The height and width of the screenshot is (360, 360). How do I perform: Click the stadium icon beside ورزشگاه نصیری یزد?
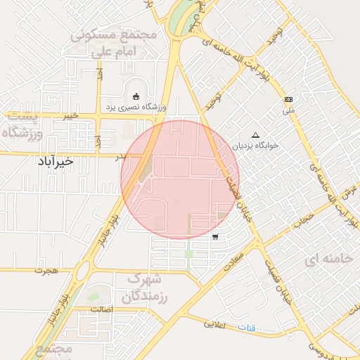pos(136,97)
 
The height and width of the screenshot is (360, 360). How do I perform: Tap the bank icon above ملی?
pos(288,99)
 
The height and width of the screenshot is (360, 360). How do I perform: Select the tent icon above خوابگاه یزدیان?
pos(255,135)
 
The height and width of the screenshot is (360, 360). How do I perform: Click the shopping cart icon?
pos(214,237)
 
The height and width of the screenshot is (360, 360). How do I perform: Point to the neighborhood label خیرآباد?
pos(55,162)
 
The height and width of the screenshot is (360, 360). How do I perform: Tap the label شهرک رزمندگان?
pos(146,288)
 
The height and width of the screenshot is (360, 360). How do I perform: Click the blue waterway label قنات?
pos(247,328)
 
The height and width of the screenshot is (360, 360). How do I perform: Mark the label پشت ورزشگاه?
pos(24,124)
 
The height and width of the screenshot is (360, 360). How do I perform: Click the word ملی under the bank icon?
pos(289,110)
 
